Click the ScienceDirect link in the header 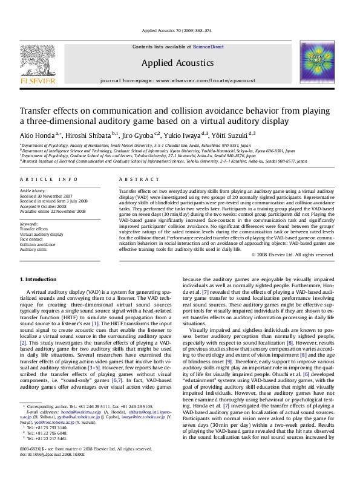click(x=208, y=46)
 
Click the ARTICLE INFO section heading click(x=49, y=180)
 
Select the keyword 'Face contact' click(x=31, y=239)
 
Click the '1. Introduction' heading click(x=39, y=279)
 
